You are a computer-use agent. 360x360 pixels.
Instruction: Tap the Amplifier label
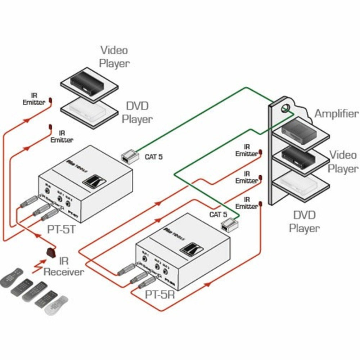tap(337, 114)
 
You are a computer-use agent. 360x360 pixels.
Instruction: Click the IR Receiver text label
tap(64, 266)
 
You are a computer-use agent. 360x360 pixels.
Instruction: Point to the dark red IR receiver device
tap(51, 252)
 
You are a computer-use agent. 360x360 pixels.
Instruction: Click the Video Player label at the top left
tap(114, 57)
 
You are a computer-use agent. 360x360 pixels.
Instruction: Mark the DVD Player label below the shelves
tap(305, 221)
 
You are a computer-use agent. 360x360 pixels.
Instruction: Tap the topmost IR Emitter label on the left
tap(34, 99)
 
